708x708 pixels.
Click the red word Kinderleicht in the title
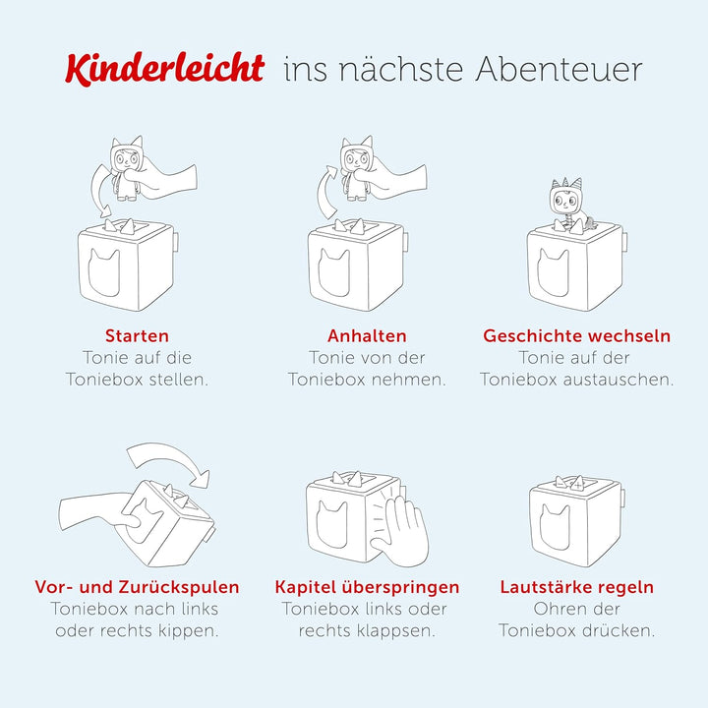(164, 68)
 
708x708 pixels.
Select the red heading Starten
(137, 336)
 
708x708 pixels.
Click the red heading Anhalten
(367, 336)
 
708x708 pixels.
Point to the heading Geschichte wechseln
(576, 336)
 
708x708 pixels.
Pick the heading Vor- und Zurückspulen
(137, 587)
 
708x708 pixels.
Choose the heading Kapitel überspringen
(367, 587)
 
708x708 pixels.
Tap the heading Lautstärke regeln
(576, 587)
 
